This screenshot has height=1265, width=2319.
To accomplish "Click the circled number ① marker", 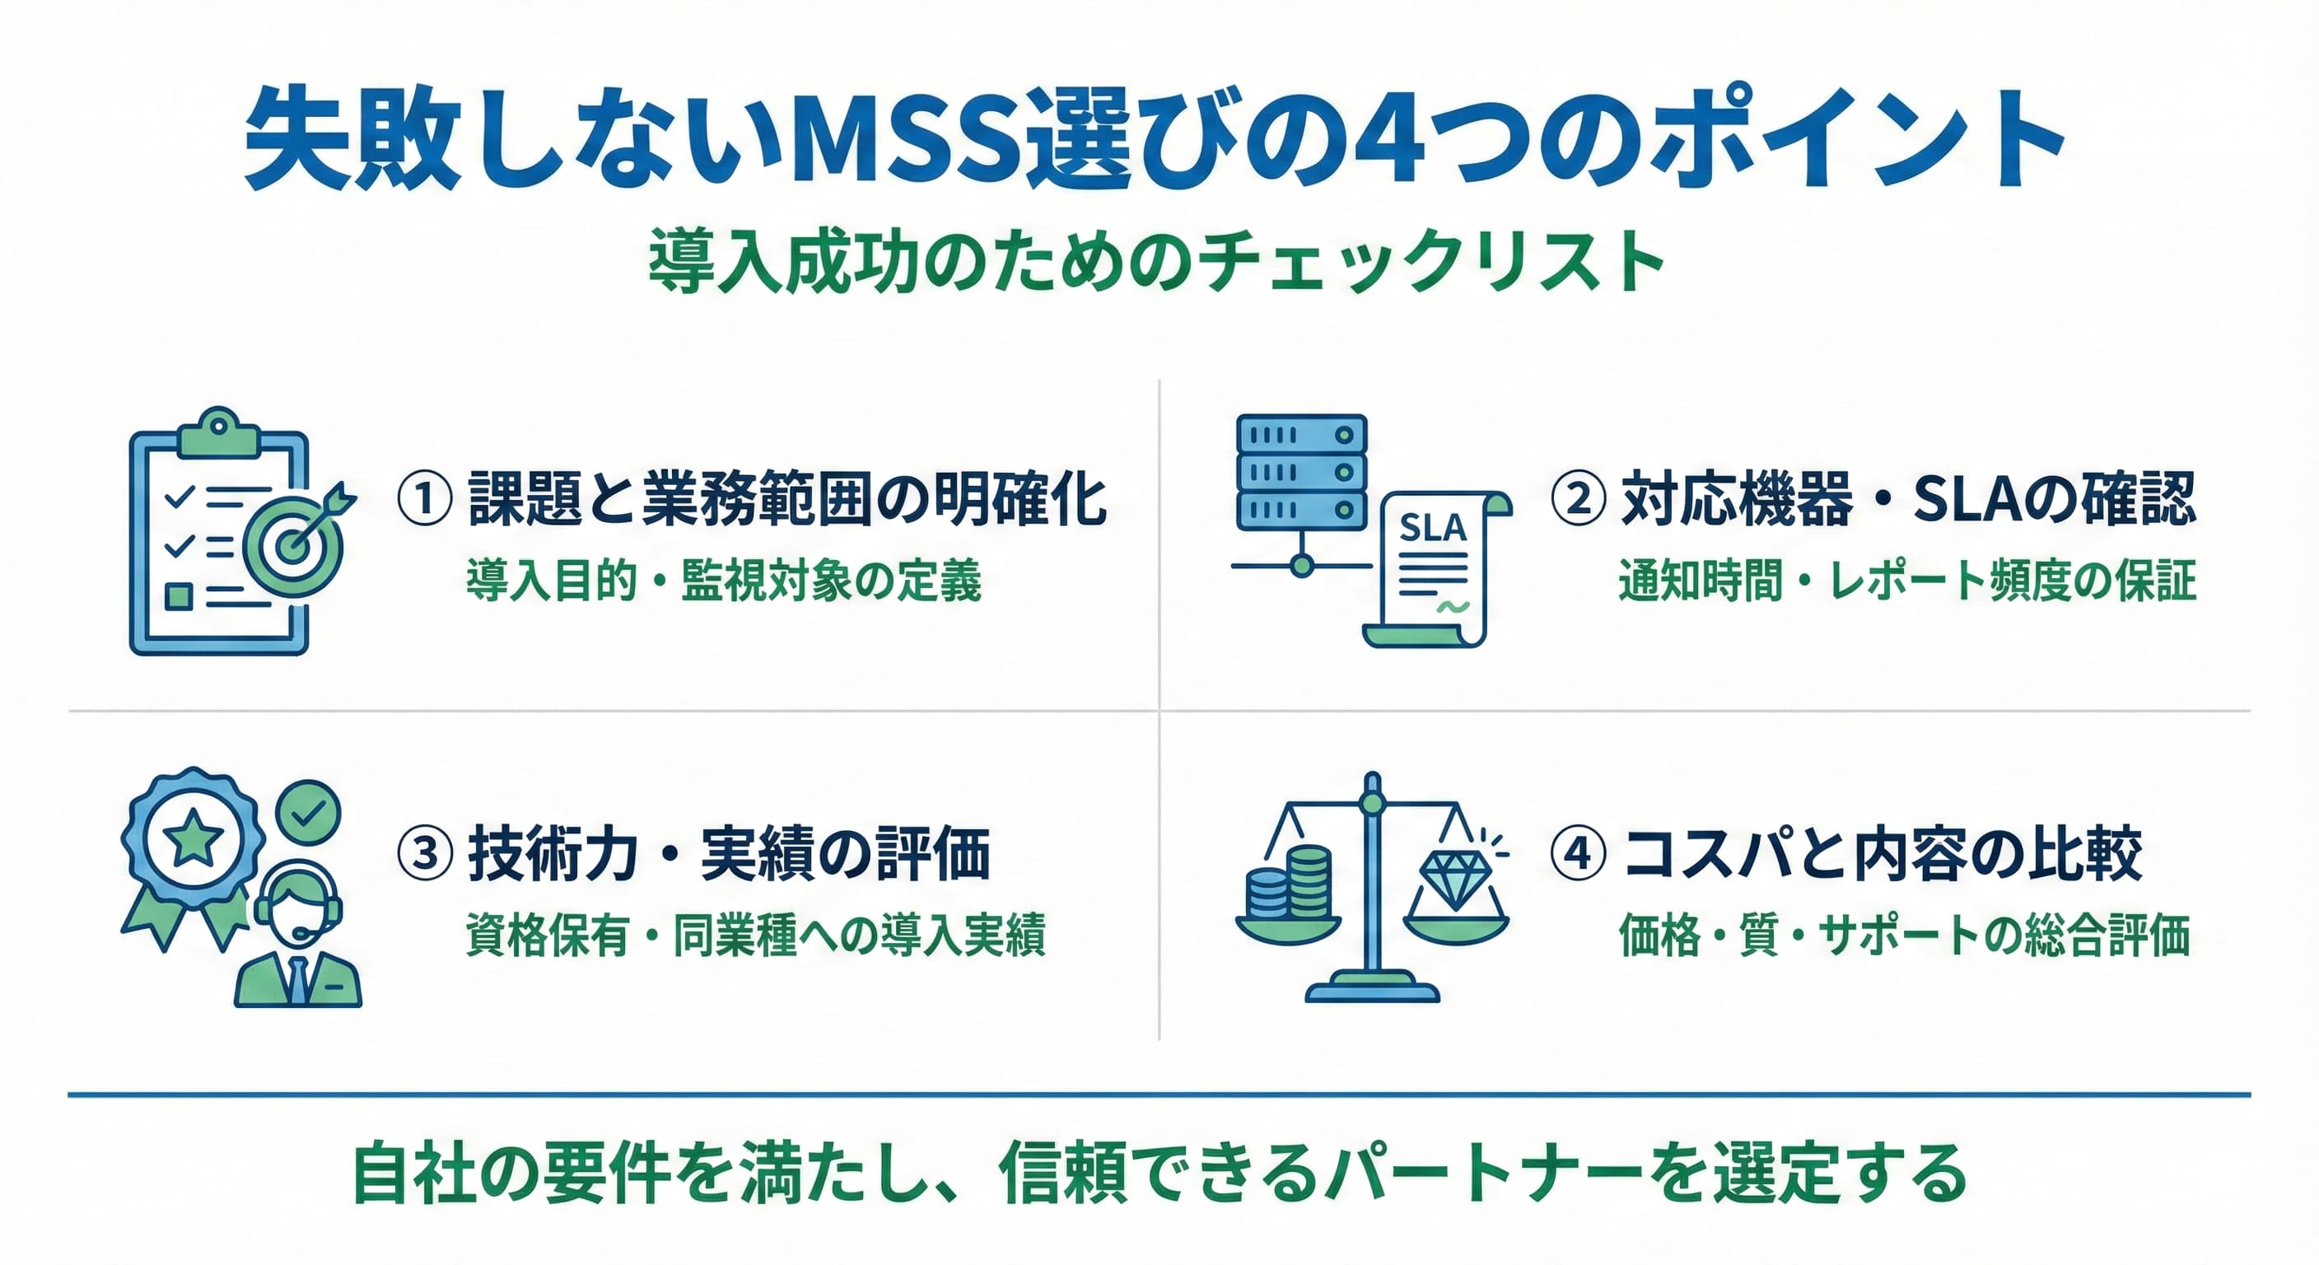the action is point(425,499).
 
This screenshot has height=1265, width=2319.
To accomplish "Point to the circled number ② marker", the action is point(1578,499).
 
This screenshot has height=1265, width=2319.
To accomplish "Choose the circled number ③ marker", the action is point(425,853).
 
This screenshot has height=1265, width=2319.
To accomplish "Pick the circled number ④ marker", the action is point(1578,853).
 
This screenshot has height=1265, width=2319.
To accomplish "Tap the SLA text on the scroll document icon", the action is point(1433,529).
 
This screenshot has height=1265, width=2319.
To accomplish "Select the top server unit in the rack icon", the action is point(1303,435).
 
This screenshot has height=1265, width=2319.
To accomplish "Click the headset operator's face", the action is point(297,910).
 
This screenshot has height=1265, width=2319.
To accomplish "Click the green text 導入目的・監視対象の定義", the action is point(724,580).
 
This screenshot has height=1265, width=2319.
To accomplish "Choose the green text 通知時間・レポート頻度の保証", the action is point(1906,580).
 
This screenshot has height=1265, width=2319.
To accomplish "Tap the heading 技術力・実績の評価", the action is point(729,853).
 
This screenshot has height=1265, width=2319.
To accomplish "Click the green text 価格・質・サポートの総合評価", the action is point(1904,936).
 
